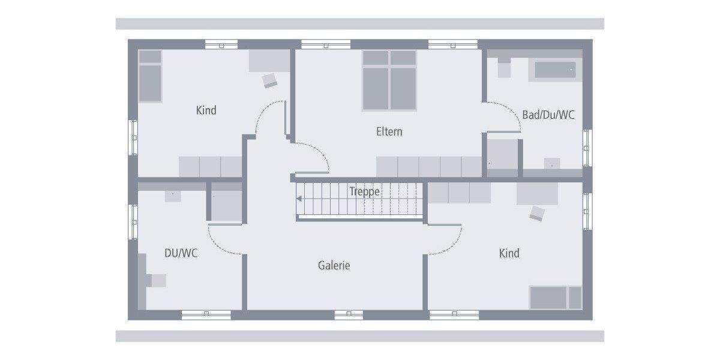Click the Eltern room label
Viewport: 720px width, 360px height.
pos(389,131)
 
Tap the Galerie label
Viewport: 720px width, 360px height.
pos(334,265)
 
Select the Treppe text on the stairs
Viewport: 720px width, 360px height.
pos(365,192)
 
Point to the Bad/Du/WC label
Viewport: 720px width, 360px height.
pos(548,115)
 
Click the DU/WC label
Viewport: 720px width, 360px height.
pos(181,253)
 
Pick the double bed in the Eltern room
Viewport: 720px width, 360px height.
pos(389,80)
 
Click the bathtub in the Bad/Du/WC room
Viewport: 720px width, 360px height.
pos(555,70)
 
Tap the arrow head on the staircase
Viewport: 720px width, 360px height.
pos(299,199)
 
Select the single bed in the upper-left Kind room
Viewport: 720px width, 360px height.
pos(150,76)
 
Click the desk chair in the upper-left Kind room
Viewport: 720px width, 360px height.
pos(269,80)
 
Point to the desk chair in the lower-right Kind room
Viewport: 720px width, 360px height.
pos(536,213)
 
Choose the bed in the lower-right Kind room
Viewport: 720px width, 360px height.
pos(555,298)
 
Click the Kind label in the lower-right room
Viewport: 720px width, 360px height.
pos(509,253)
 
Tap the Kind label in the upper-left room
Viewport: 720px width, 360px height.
pos(206,110)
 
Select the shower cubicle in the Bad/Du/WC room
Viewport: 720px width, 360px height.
pos(502,155)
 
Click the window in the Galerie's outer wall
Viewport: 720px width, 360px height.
pos(349,314)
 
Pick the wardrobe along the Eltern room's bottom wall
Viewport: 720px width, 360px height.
pos(429,167)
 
